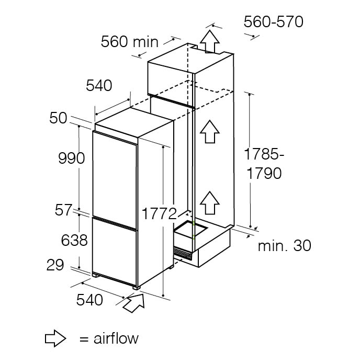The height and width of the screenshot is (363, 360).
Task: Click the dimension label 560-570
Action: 273,22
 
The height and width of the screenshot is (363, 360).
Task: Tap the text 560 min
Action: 129,42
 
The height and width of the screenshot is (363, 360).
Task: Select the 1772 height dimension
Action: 159,213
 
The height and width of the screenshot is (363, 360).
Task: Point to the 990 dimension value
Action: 71,158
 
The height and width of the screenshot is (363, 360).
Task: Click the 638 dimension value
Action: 74,240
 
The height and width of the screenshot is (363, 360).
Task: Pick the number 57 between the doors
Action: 63,210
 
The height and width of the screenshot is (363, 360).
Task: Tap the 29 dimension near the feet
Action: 55,265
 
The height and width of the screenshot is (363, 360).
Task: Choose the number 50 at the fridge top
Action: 58,118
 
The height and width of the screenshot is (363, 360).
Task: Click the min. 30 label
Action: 285,246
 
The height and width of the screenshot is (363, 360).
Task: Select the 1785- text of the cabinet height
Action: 264,154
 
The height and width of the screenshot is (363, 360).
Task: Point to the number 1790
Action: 264,173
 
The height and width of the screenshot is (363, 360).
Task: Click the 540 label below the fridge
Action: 89,300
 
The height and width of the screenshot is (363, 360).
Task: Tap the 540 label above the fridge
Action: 99,85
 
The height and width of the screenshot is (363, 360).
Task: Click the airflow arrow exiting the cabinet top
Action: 210,42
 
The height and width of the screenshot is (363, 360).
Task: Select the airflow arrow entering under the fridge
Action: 134,303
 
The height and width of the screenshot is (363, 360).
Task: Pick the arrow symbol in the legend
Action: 55,338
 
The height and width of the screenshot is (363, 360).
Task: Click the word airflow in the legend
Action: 116,338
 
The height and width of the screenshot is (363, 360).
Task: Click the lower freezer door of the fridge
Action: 115,252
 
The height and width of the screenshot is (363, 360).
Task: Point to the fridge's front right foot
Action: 136,288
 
